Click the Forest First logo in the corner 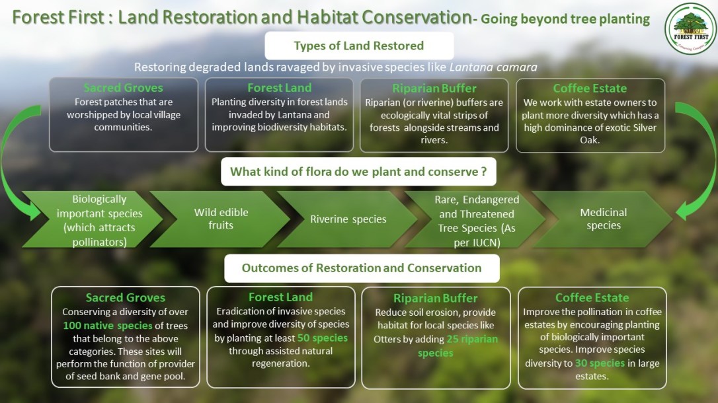pos(690,28)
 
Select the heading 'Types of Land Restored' pos(359,46)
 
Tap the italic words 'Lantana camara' pos(493,67)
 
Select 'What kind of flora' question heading pos(359,172)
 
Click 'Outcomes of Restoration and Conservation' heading pos(361,268)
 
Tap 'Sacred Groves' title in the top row pos(123,88)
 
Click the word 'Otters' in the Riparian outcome pos(390,338)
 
